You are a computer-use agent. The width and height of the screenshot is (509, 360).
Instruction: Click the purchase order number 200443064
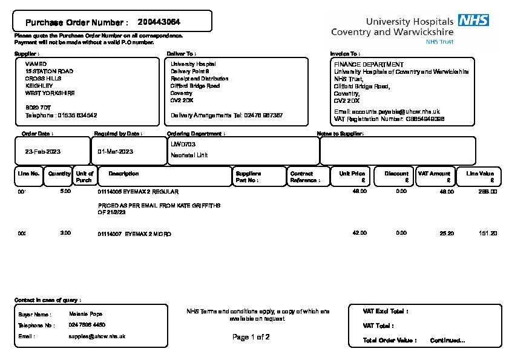[x=159, y=22]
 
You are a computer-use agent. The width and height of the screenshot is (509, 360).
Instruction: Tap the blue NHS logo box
[x=473, y=20]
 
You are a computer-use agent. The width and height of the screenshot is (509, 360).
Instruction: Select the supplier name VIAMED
[x=36, y=64]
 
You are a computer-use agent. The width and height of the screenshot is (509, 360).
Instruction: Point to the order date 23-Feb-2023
[x=42, y=151]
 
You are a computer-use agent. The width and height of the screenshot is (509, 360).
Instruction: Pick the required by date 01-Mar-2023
[x=115, y=151]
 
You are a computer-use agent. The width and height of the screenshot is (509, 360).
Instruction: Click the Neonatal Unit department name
[x=189, y=155]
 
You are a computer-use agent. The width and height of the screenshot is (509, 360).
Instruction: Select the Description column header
[x=123, y=174]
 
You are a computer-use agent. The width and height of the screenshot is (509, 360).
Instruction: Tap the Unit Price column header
[x=352, y=174]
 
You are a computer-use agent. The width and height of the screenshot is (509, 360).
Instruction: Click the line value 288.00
[x=488, y=191]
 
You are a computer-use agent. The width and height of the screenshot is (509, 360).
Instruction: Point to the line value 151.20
[x=488, y=233]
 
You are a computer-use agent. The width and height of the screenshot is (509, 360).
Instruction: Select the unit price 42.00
[x=360, y=233]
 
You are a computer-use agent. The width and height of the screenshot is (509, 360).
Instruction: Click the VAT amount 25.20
[x=447, y=233]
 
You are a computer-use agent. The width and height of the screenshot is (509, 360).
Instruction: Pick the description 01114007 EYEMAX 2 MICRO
[x=134, y=233]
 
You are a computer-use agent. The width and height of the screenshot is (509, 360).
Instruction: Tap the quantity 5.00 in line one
[x=65, y=191]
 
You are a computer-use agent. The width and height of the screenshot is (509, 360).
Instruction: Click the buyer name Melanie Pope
[x=85, y=314]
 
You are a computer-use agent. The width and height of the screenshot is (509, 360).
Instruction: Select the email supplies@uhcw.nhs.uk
[x=97, y=336]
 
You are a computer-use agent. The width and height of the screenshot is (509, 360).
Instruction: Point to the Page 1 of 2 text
[x=251, y=337]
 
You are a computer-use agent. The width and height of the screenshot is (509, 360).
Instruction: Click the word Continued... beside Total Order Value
[x=447, y=340]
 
